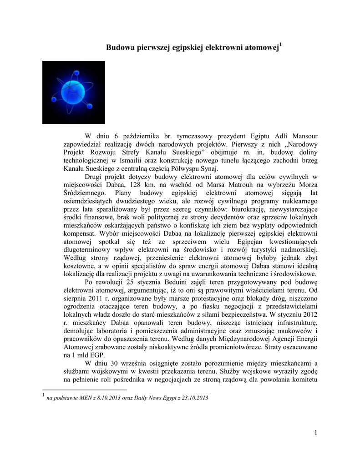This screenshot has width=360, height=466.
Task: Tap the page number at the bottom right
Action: coord(315,432)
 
